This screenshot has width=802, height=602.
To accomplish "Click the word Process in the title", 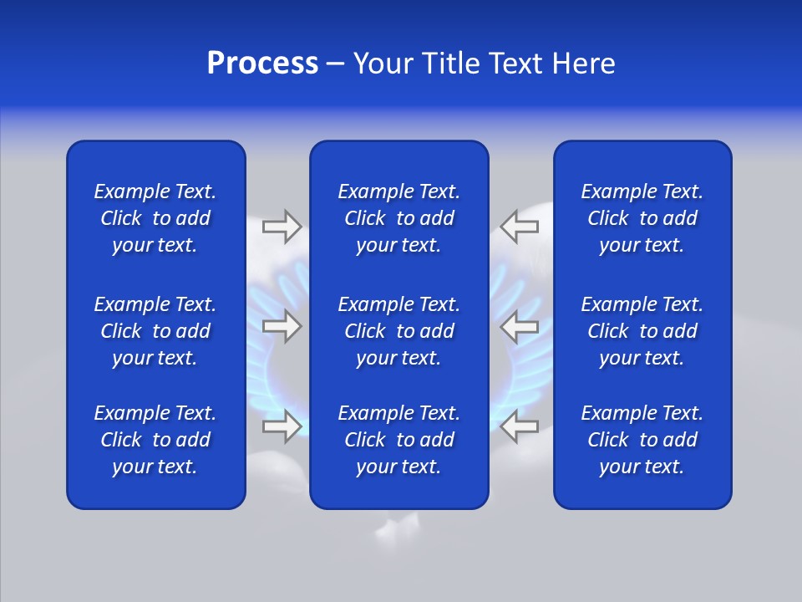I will (x=262, y=64).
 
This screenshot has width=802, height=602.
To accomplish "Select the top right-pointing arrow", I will (x=282, y=226).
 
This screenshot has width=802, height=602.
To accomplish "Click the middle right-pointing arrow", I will (x=282, y=326).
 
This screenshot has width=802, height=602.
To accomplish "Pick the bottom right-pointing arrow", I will (x=282, y=426).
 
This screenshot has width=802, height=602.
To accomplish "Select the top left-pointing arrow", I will (x=520, y=226).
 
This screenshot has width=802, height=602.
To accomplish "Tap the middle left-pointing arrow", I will (x=520, y=326).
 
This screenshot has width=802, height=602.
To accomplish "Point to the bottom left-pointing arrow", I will (x=520, y=426).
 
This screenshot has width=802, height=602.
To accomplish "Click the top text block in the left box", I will (x=155, y=218).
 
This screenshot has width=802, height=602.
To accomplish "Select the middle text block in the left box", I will (x=155, y=331).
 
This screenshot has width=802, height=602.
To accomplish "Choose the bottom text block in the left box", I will (x=155, y=440).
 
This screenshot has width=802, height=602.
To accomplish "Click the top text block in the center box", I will (x=398, y=218).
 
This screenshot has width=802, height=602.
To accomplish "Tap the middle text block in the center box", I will (x=398, y=331).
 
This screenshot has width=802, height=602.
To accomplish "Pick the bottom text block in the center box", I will (x=398, y=440).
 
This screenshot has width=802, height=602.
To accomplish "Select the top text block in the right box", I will (x=642, y=218).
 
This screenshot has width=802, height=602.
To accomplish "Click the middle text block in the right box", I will (x=642, y=331).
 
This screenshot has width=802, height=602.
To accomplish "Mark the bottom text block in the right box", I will (x=642, y=440).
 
